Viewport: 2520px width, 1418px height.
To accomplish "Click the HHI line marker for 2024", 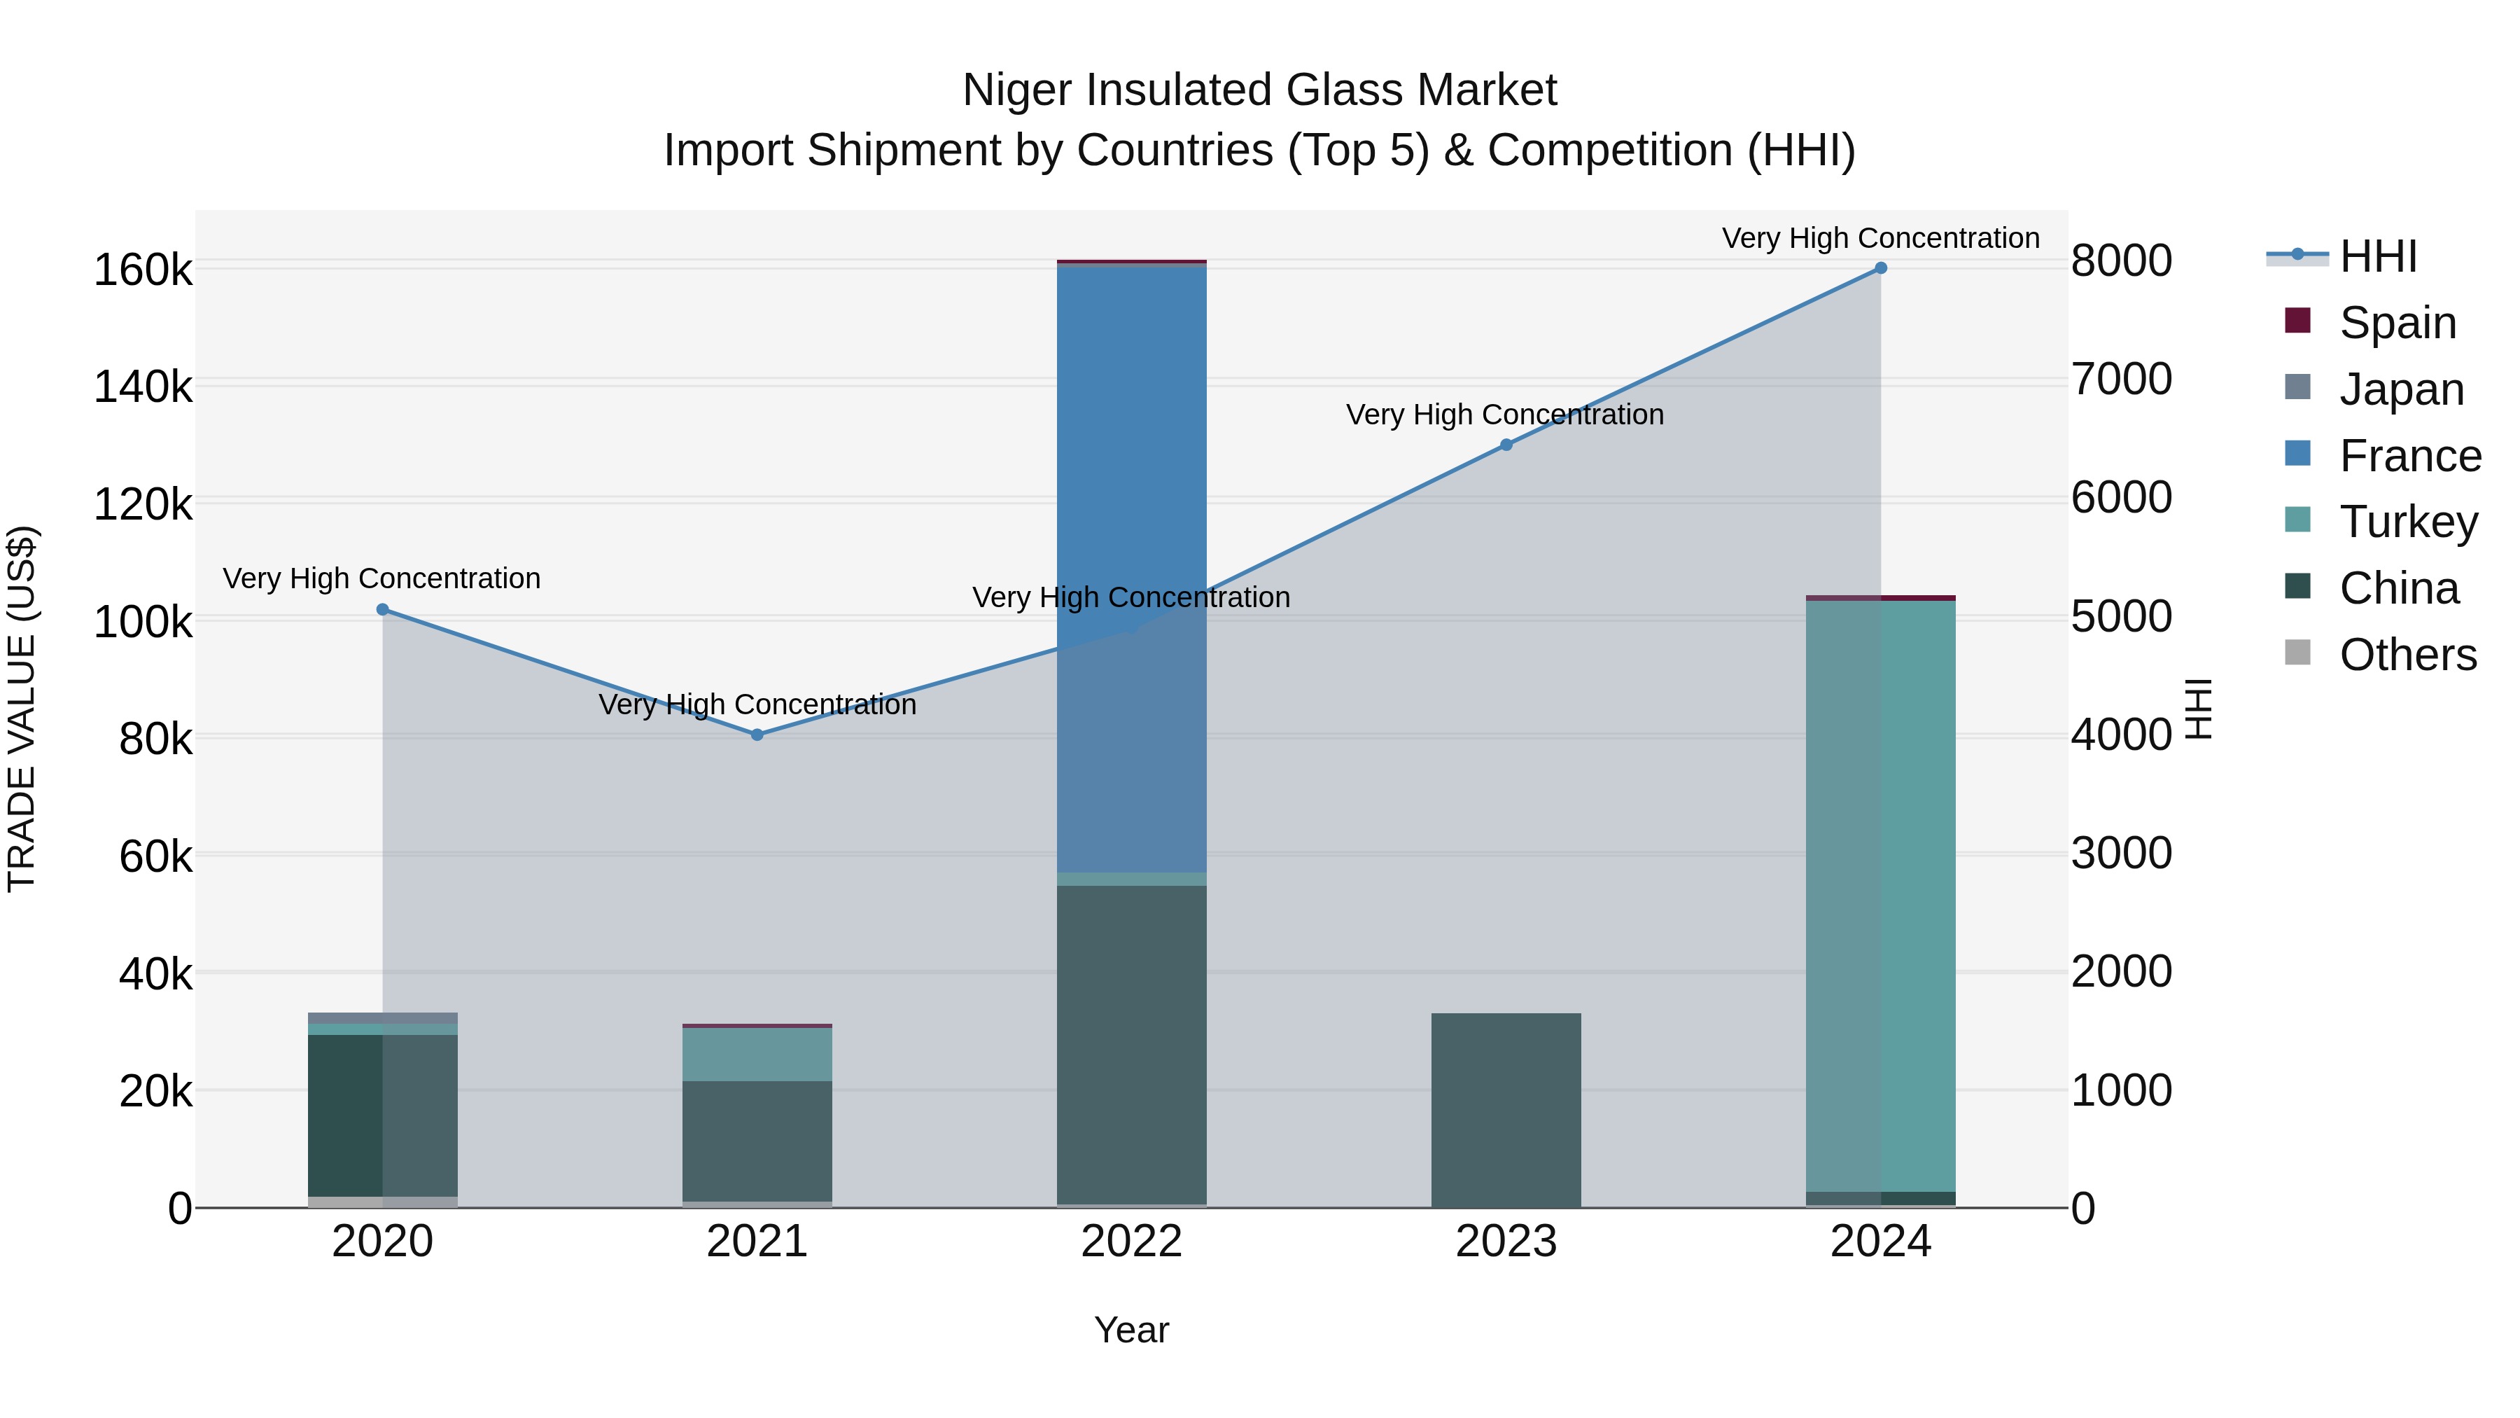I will click(x=1880, y=268).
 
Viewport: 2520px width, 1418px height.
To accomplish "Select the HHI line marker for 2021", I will click(x=757, y=735).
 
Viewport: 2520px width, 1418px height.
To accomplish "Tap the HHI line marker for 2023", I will click(x=1506, y=445).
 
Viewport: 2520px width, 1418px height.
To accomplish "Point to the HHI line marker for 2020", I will click(x=382, y=610).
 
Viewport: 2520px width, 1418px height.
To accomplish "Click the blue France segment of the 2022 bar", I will click(x=1132, y=568).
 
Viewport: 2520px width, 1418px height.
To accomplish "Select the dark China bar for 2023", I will click(x=1506, y=1111).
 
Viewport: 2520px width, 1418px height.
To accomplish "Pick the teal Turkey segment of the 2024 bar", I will click(x=1880, y=896).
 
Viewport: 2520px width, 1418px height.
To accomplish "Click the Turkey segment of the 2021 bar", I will click(x=757, y=1055).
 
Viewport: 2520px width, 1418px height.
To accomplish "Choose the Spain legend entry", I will click(x=2397, y=322).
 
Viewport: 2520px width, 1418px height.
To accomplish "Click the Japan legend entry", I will click(x=2401, y=389).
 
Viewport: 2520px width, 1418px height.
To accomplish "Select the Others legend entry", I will click(x=2407, y=655).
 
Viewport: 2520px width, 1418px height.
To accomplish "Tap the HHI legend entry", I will click(x=2377, y=256).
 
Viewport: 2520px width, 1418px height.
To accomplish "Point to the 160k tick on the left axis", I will click(x=143, y=270).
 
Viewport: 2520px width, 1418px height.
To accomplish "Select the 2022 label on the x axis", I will click(x=1132, y=1242).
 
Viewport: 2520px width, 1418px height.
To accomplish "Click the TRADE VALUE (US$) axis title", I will click(x=22, y=709).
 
